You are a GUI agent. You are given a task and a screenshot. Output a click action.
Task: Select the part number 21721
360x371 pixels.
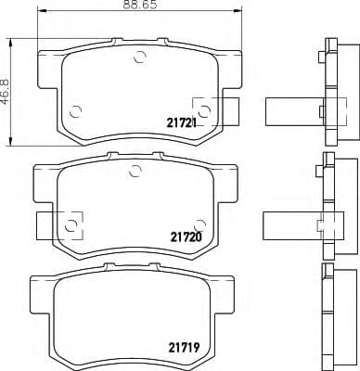pos(182,122)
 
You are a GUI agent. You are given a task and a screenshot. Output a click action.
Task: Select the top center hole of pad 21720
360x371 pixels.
pos(135,169)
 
